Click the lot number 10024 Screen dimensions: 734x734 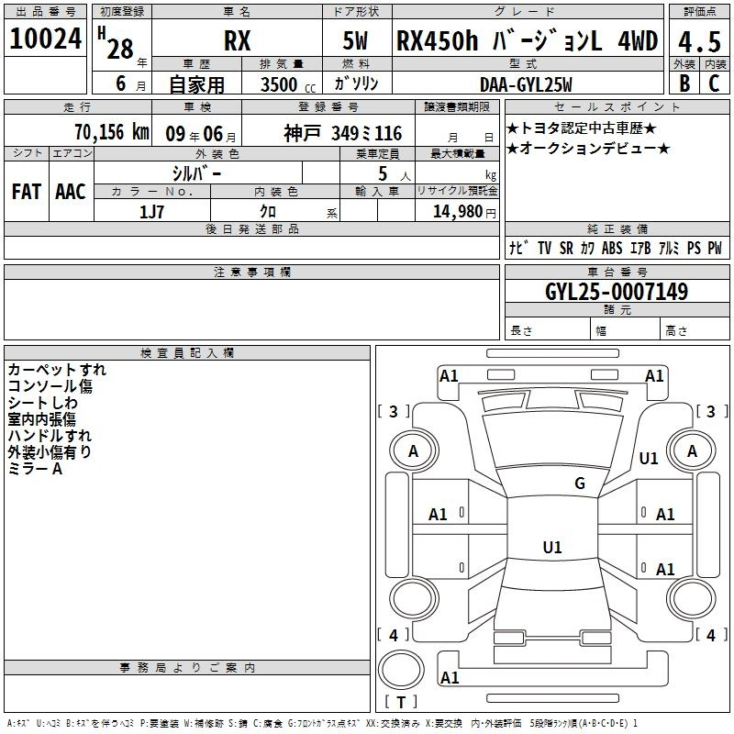coord(45,39)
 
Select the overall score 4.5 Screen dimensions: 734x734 coord(699,42)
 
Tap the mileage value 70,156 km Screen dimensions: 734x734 coord(112,132)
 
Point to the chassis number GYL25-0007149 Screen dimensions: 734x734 coord(617,292)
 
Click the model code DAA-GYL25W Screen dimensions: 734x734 coord(526,84)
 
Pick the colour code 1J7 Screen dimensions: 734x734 coord(151,212)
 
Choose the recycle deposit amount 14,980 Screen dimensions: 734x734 coord(458,212)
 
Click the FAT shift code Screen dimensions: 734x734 coord(27,192)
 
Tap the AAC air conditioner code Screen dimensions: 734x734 coord(71,192)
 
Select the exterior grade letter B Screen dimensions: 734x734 coord(684,83)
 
